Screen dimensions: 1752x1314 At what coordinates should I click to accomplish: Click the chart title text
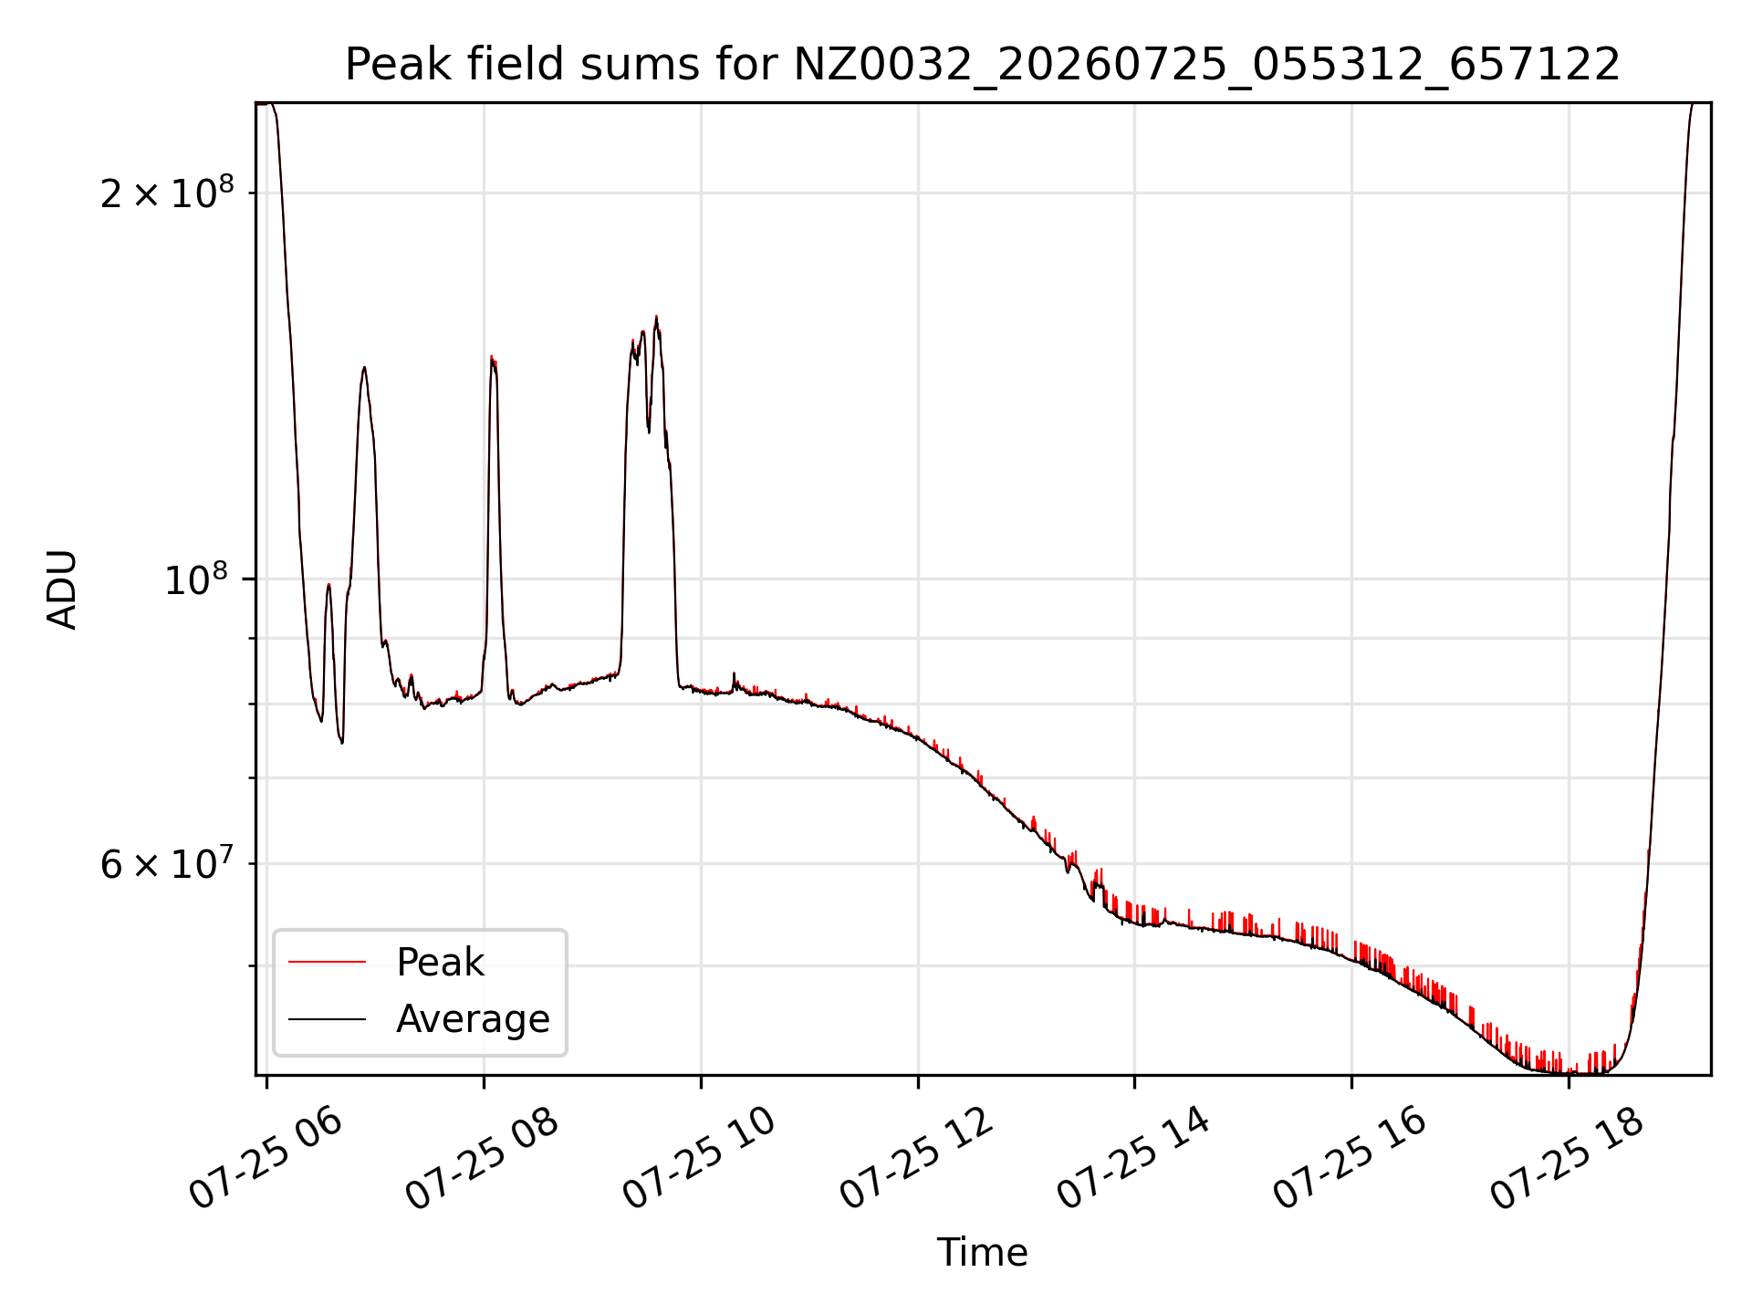click(x=983, y=65)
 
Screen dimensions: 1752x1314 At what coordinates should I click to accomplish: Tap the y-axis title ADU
click(x=62, y=589)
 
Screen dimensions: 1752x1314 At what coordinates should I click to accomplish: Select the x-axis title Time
click(x=983, y=1253)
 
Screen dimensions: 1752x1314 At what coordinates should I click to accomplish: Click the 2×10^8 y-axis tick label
click(x=167, y=193)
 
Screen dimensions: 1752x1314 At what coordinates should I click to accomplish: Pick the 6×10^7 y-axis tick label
click(x=167, y=863)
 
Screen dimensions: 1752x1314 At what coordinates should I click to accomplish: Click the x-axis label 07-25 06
click(x=265, y=1159)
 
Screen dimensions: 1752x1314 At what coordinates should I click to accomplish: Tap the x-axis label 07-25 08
click(x=482, y=1159)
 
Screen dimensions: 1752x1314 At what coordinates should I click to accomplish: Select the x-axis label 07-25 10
click(x=699, y=1159)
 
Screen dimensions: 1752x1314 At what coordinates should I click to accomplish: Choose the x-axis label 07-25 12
click(x=916, y=1159)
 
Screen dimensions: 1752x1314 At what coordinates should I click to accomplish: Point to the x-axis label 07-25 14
click(x=1133, y=1159)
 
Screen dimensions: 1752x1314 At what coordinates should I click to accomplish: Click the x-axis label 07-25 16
click(x=1350, y=1159)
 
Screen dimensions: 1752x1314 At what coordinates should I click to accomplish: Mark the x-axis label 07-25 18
click(x=1568, y=1159)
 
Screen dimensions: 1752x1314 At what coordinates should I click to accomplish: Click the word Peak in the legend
click(x=440, y=963)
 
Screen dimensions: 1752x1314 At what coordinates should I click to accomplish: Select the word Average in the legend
click(x=473, y=1019)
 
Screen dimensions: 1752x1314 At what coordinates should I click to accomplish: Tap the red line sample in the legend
click(x=327, y=963)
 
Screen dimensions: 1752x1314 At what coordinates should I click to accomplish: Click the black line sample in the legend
click(x=327, y=1019)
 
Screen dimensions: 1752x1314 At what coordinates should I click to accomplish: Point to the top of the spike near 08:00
click(x=492, y=356)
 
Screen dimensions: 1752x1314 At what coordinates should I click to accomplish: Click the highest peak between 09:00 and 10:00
click(x=656, y=317)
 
